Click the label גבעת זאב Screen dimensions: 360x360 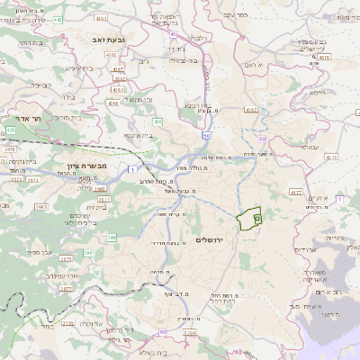coord(100,41)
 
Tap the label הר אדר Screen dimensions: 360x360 coord(28,118)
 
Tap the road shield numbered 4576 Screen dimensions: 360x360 coord(324,56)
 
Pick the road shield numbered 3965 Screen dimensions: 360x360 coord(41,206)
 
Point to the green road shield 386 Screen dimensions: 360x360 coord(112,238)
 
